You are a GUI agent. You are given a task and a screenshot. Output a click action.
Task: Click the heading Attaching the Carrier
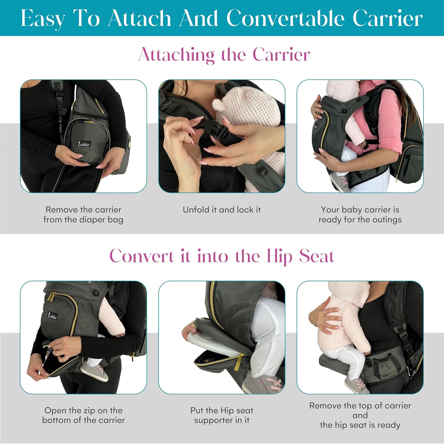pyautogui.click(x=224, y=55)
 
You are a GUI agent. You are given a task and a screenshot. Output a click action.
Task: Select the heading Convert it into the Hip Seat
pyautogui.click(x=222, y=256)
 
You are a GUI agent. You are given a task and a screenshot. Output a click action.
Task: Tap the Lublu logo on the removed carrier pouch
pyautogui.click(x=84, y=144)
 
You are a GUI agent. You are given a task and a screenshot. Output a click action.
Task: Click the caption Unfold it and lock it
pyautogui.click(x=222, y=210)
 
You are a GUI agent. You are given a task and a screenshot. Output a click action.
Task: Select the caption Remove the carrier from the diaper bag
pyautogui.click(x=83, y=215)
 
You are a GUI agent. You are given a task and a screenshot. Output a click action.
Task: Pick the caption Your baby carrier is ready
pyautogui.click(x=360, y=215)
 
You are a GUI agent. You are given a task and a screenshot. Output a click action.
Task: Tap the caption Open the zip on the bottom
pyautogui.click(x=83, y=415)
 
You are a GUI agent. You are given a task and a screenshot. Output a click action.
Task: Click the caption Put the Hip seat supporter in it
pyautogui.click(x=222, y=415)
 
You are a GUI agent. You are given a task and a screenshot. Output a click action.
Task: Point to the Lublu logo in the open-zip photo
pyautogui.click(x=52, y=316)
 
